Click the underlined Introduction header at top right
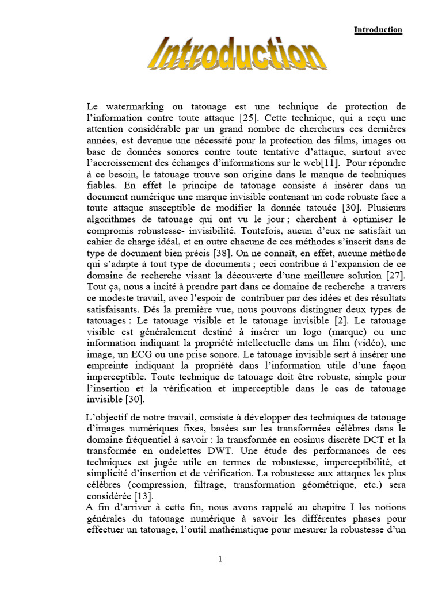coord(378,30)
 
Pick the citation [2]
coord(342,320)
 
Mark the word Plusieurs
coord(387,209)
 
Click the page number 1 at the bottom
coord(221,560)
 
